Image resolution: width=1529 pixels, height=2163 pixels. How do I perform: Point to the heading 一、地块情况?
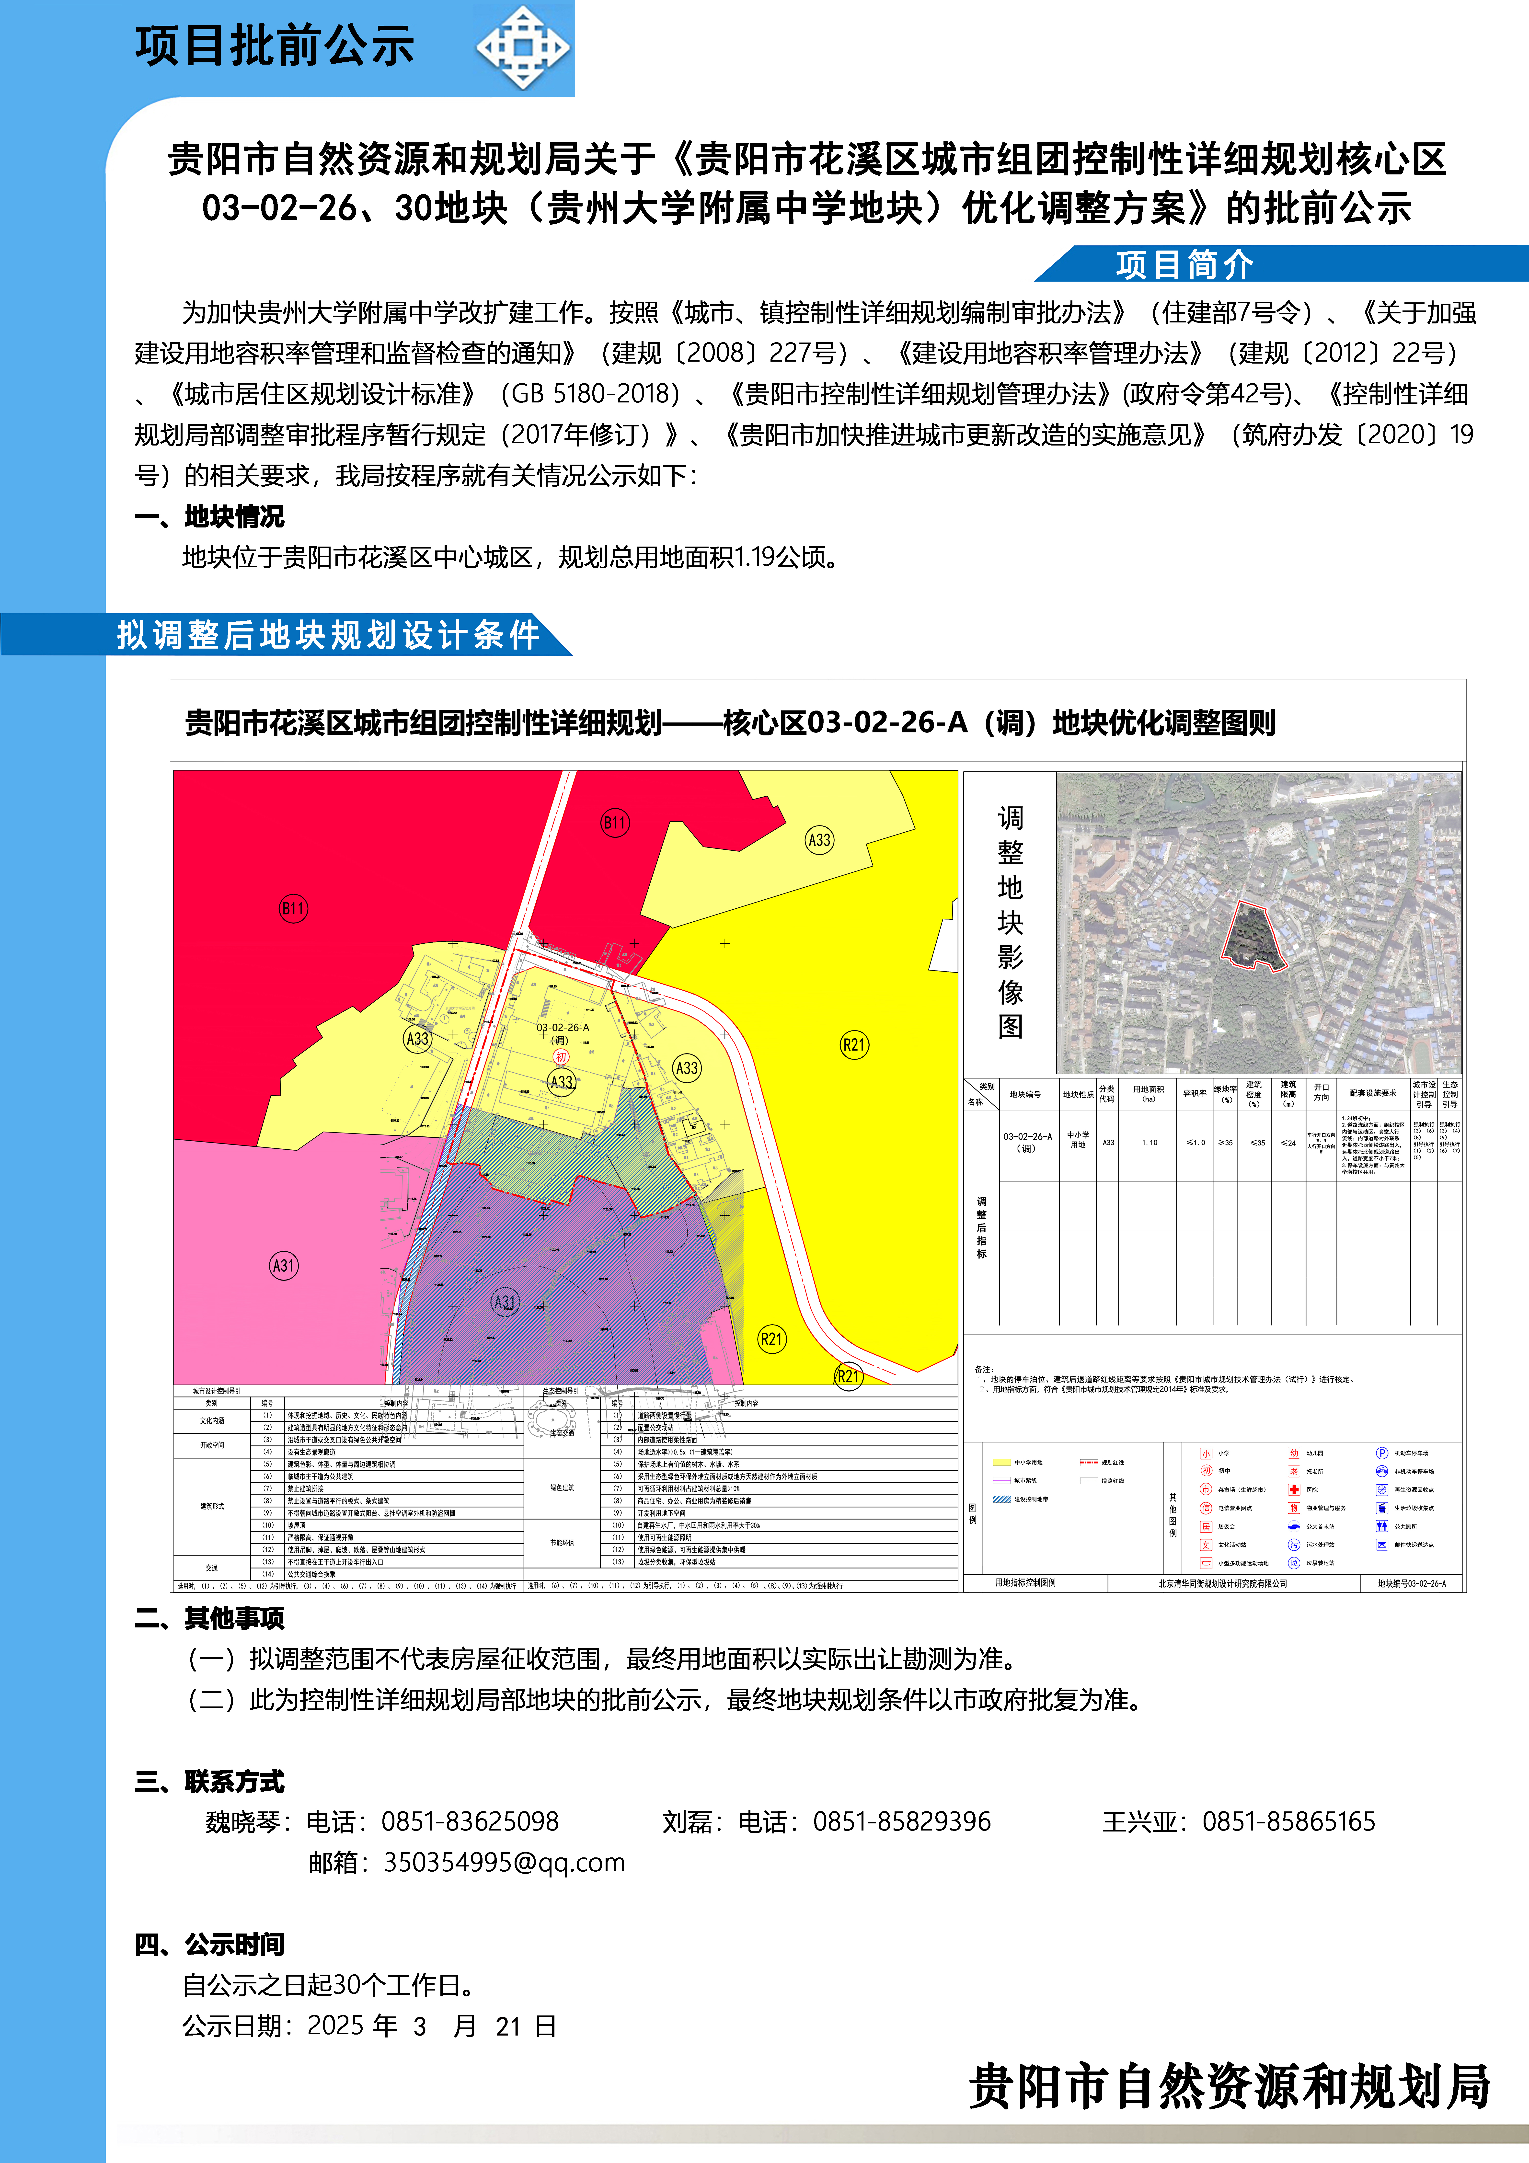[x=209, y=516]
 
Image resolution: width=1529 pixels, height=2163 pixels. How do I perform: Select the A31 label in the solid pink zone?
[x=284, y=1265]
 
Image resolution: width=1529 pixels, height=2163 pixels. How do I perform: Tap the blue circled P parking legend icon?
[x=1381, y=1453]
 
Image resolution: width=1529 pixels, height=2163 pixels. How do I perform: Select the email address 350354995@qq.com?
[x=504, y=1863]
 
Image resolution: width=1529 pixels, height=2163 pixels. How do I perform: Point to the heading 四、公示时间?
[x=209, y=1945]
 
